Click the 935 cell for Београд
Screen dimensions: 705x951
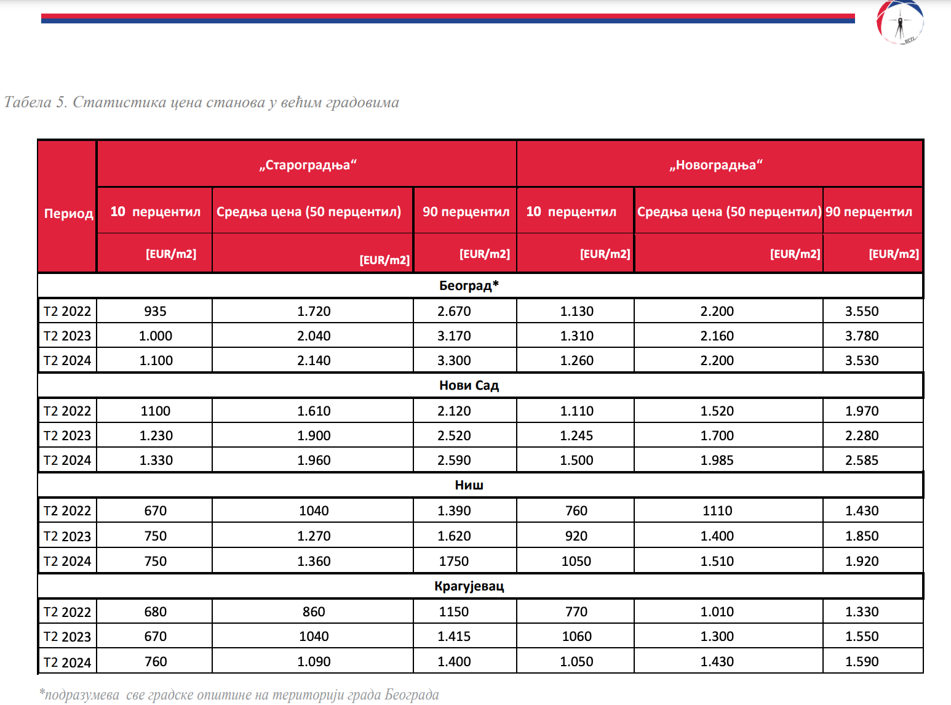coord(155,312)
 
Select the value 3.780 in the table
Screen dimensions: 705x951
coord(861,336)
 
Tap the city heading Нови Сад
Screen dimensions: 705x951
coord(469,385)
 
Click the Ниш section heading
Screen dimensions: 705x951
coord(469,485)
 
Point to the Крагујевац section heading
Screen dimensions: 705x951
coord(469,586)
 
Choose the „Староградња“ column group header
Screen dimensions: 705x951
coord(308,165)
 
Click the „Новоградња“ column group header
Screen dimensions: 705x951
coord(716,165)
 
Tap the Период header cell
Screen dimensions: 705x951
coord(68,214)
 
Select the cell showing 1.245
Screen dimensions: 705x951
coord(576,436)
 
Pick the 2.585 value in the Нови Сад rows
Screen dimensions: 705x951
coord(861,461)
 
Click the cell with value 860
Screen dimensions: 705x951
coord(314,612)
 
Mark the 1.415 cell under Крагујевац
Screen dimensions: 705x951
coord(454,637)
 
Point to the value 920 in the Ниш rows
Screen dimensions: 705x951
coord(576,536)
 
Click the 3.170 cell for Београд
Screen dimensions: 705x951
coord(454,336)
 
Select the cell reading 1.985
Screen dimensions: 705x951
coord(717,461)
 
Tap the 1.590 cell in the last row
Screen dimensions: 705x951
coord(861,662)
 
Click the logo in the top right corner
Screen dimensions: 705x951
coord(900,22)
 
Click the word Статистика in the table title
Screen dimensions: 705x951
coord(117,102)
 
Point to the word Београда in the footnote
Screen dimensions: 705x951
coord(412,695)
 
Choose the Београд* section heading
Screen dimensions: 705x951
coord(469,286)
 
